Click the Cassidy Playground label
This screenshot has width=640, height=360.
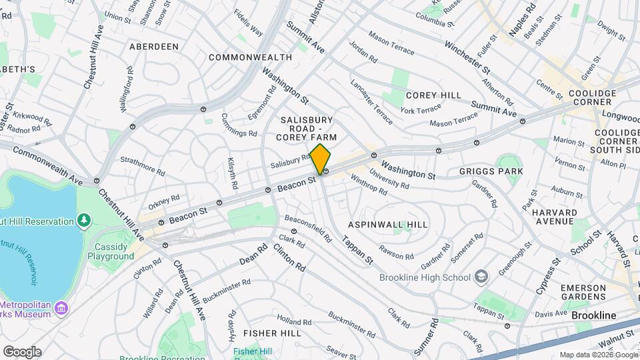110,251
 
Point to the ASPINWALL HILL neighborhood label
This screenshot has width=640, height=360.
388,225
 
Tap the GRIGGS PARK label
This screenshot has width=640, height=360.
491,171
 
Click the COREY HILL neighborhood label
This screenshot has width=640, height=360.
433,95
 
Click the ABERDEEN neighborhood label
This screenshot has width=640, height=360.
154,47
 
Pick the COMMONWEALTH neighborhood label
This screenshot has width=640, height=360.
250,57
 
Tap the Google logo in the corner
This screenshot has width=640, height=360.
22,351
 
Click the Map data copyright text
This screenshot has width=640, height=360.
598,355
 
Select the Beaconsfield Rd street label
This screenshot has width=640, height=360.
308,229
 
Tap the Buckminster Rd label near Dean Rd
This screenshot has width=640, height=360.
226,291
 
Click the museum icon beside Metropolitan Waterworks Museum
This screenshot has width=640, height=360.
61,307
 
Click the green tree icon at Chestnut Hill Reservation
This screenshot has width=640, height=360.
84,220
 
